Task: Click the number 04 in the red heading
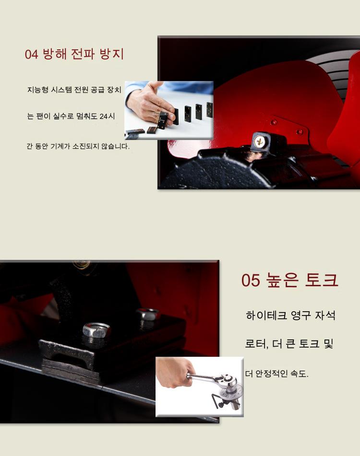click(31, 54)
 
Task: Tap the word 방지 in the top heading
click(112, 54)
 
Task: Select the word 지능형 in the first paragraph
click(38, 90)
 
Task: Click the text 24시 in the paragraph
click(107, 117)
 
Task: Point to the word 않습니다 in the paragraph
click(115, 146)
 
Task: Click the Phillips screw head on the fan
click(259, 141)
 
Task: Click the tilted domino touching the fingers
click(162, 120)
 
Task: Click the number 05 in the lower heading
click(251, 281)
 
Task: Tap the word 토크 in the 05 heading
click(321, 280)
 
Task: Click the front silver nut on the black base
click(96, 329)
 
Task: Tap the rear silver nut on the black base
click(148, 314)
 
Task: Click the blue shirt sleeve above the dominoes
click(186, 88)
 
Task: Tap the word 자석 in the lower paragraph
click(325, 315)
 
